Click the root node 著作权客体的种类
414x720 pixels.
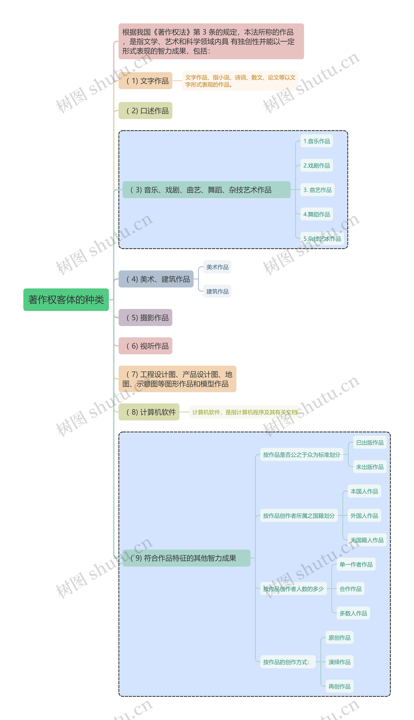pos(66,300)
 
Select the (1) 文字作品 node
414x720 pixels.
pos(145,81)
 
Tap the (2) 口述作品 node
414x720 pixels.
pos(145,111)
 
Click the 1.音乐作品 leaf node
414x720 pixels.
pos(316,141)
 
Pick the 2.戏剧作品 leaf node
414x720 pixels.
pos(316,165)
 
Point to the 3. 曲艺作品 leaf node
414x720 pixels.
pos(317,190)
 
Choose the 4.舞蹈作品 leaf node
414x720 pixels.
pos(316,214)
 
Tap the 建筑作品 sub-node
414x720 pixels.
pos(217,291)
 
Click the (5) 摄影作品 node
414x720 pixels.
pos(145,318)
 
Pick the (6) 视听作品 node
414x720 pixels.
pos(145,346)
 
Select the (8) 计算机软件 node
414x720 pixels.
pos(149,412)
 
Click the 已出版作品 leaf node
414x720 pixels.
pos(370,443)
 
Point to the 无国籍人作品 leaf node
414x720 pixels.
pos(367,540)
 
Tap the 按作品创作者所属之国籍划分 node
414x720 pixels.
pos(299,516)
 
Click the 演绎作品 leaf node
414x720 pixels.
pos(339,662)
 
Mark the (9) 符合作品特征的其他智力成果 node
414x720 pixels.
pos(186,558)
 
